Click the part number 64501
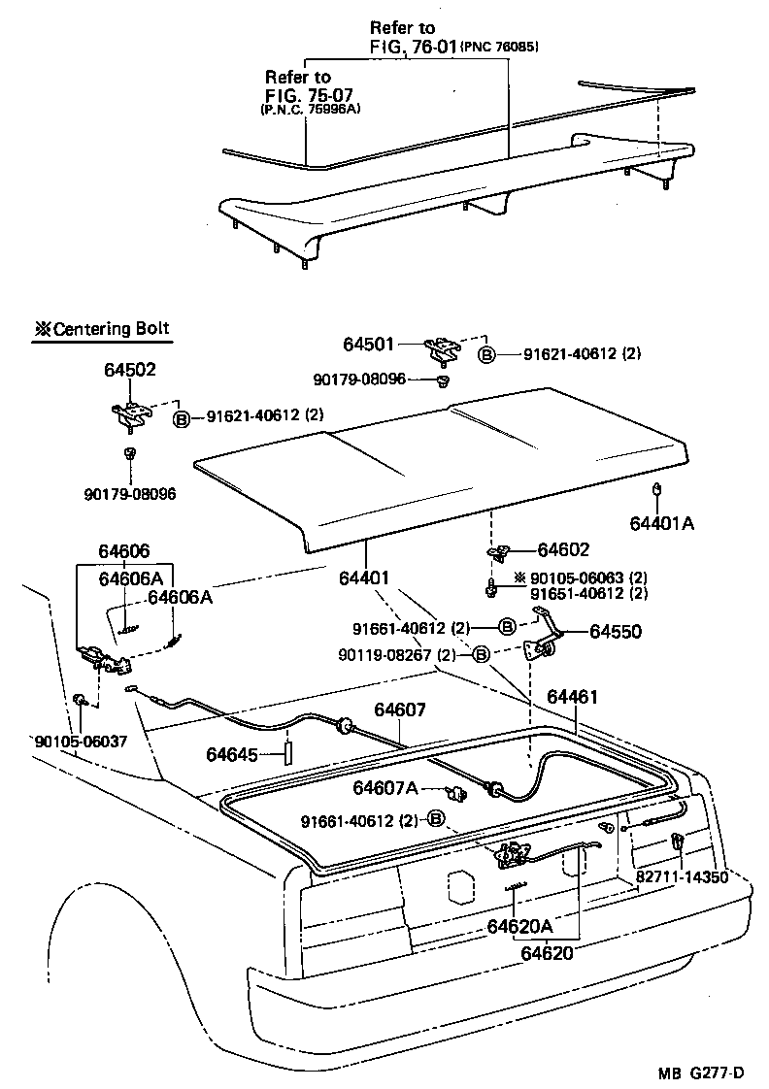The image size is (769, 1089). point(370,344)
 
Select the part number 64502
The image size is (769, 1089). point(130,369)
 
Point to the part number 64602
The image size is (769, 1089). point(563,549)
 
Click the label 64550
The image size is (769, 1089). point(615,632)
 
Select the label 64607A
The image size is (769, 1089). point(384,787)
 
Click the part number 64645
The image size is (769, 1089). point(232,753)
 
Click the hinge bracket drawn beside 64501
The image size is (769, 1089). point(446,346)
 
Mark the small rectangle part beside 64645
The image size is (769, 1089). point(287,753)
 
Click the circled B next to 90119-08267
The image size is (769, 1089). point(481,655)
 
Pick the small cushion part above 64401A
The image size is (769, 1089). point(657,489)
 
